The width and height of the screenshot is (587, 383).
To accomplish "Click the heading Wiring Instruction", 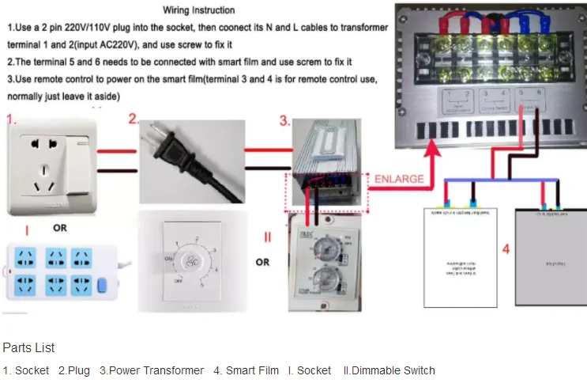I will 198,10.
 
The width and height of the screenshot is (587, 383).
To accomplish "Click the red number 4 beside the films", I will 506,249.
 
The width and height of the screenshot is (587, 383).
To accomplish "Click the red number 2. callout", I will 134,120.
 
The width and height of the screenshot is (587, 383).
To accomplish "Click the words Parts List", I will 28,347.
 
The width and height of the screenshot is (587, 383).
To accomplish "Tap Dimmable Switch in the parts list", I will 393,370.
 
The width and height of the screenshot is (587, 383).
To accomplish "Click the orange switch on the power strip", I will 100,285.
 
